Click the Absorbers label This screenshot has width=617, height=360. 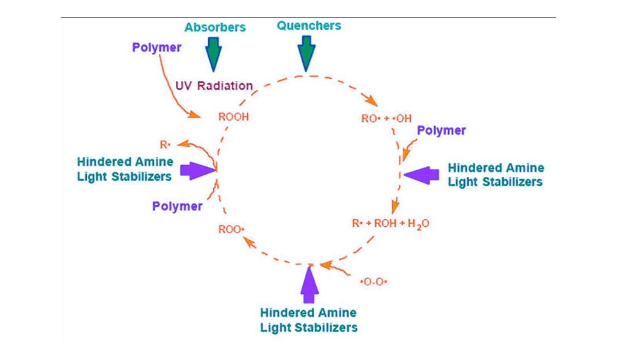click(x=215, y=27)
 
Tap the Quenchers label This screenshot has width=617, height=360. click(x=308, y=25)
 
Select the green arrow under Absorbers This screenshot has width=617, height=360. click(x=213, y=53)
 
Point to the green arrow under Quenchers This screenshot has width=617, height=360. click(x=306, y=52)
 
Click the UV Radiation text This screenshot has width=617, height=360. click(x=214, y=85)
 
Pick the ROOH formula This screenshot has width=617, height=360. click(x=233, y=117)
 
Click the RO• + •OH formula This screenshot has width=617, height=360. click(x=387, y=119)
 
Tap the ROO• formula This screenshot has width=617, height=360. click(x=231, y=229)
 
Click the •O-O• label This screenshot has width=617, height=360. click(x=373, y=282)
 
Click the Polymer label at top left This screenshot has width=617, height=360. click(x=157, y=48)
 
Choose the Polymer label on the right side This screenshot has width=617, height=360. click(x=441, y=131)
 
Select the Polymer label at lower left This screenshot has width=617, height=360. click(x=177, y=206)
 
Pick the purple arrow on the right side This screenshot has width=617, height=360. click(x=422, y=174)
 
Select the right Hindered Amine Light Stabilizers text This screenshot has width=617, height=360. click(x=496, y=175)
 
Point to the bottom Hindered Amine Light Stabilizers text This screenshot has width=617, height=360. click(x=308, y=320)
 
